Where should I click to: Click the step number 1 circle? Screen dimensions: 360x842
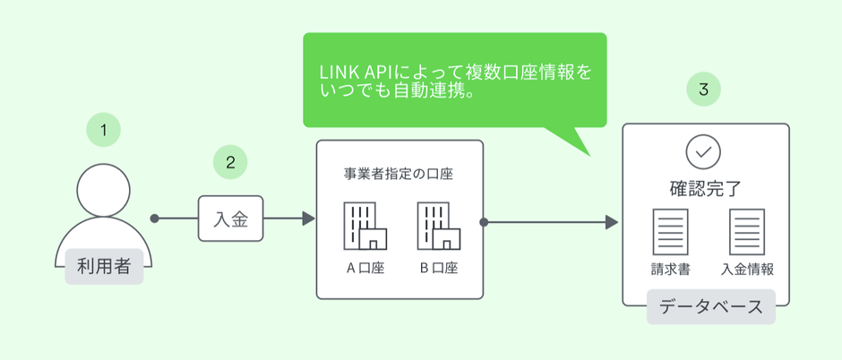(x=104, y=131)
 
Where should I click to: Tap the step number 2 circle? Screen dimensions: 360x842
(x=230, y=162)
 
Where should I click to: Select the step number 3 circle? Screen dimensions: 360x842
(x=704, y=90)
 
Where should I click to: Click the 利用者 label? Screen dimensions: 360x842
(x=104, y=266)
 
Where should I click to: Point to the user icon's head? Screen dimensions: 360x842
(x=104, y=192)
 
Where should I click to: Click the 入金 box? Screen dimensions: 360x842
(x=231, y=219)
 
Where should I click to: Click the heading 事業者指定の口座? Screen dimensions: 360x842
(x=399, y=174)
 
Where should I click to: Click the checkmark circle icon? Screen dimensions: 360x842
(x=704, y=153)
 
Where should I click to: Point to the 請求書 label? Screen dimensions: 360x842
(x=670, y=269)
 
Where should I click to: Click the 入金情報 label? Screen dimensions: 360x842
(x=746, y=269)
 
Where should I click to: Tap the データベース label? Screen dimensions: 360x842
(x=710, y=307)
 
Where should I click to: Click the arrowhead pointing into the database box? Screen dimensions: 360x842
(x=613, y=221)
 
